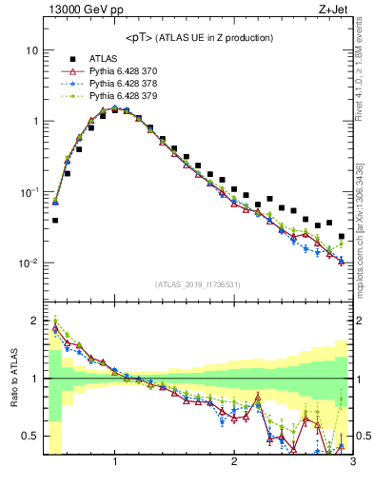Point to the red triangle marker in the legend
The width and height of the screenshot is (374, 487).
[x=71, y=71]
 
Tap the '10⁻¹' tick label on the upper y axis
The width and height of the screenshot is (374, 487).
[x=29, y=191]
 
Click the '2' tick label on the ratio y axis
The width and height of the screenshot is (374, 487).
[x=35, y=321]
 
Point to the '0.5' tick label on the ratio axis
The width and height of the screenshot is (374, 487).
[x=30, y=436]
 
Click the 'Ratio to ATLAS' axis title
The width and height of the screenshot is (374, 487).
[x=12, y=379]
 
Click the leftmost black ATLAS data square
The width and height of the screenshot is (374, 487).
[x=55, y=220]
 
